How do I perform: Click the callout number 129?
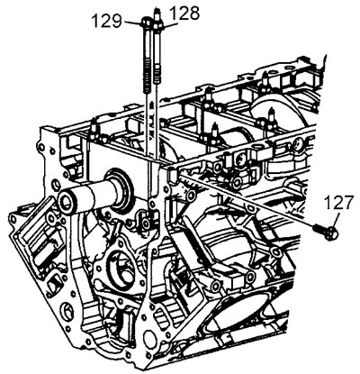point(106,21)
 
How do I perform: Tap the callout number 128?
point(184,14)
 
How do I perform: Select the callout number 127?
point(339,203)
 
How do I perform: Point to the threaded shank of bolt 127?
point(319,229)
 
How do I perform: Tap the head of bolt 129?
point(147,23)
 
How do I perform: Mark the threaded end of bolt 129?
point(146,77)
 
